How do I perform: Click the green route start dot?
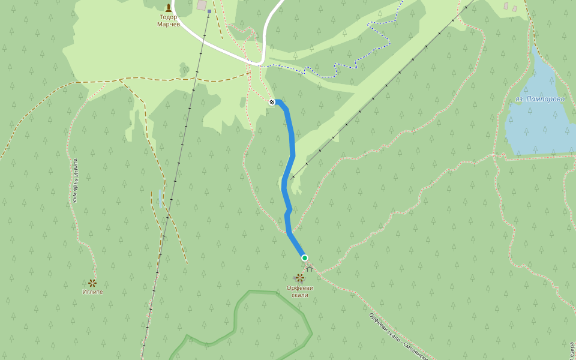click(x=305, y=258)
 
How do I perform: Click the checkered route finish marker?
click(x=272, y=102)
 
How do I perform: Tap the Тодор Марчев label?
click(x=169, y=21)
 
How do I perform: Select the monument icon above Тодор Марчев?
click(x=169, y=7)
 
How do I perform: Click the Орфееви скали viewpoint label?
click(x=300, y=291)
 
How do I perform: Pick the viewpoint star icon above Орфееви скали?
click(x=299, y=277)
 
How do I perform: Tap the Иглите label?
click(x=92, y=292)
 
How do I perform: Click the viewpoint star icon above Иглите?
click(x=92, y=283)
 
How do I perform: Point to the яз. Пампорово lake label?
click(x=539, y=99)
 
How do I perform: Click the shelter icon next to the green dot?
click(x=310, y=269)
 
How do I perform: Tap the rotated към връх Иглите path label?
click(x=75, y=180)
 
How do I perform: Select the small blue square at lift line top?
click(x=209, y=11)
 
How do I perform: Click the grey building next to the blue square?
click(x=201, y=5)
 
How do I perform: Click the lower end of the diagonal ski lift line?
click(x=293, y=178)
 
